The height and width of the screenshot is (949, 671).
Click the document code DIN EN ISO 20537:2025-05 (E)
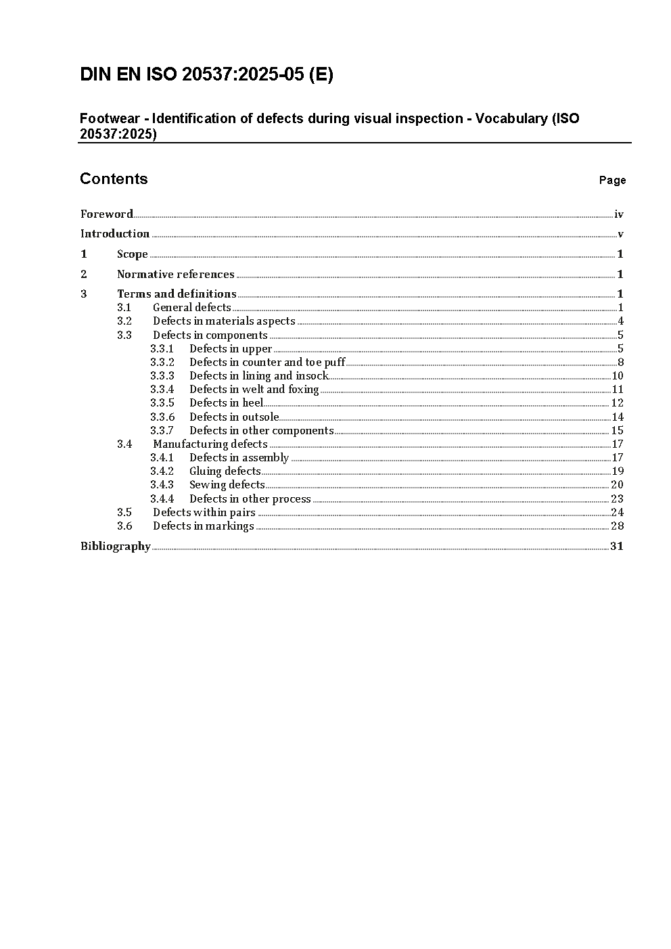point(206,74)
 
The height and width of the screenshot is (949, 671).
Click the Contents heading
point(114,179)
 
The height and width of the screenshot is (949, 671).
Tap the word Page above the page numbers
point(612,180)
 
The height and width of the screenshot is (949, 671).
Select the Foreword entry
point(107,214)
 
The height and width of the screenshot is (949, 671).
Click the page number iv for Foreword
point(618,214)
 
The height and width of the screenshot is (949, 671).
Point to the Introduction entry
point(115,233)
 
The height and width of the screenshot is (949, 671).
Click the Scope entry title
point(132,254)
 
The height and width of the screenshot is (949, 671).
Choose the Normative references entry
point(175,274)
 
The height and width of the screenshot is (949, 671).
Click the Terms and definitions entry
point(177,294)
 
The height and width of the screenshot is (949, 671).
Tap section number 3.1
point(124,308)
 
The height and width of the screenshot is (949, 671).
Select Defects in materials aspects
point(224,321)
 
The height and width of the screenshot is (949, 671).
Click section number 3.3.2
point(162,363)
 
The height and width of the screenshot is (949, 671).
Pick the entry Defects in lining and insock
point(258,376)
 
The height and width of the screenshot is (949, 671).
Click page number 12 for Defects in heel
point(617,403)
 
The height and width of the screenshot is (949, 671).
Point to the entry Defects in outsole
point(233,417)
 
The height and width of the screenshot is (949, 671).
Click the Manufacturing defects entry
point(210,444)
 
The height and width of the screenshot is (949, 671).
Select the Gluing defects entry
point(225,471)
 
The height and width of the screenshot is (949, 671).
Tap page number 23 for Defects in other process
point(617,499)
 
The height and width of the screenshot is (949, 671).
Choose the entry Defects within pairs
point(204,513)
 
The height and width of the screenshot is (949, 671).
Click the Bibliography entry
point(115,547)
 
